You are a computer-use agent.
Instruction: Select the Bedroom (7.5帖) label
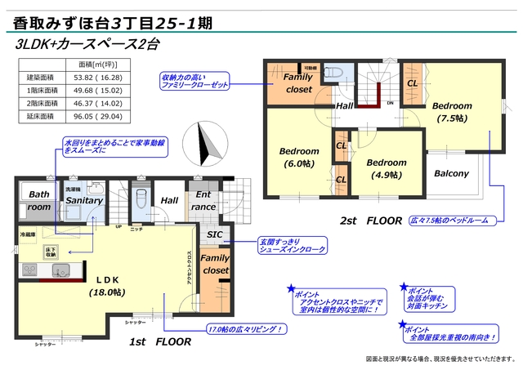point(451,112)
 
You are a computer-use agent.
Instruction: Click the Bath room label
point(38,201)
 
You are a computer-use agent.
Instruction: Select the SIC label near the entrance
point(215,234)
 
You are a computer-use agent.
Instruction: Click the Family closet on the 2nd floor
point(298,83)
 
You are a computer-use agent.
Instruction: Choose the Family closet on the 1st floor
point(215,265)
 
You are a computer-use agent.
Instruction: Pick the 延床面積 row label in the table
point(40,117)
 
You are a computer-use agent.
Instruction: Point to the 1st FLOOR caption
point(159,344)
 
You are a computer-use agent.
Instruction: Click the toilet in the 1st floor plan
point(139,199)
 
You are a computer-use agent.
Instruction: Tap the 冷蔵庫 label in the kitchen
point(29,234)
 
